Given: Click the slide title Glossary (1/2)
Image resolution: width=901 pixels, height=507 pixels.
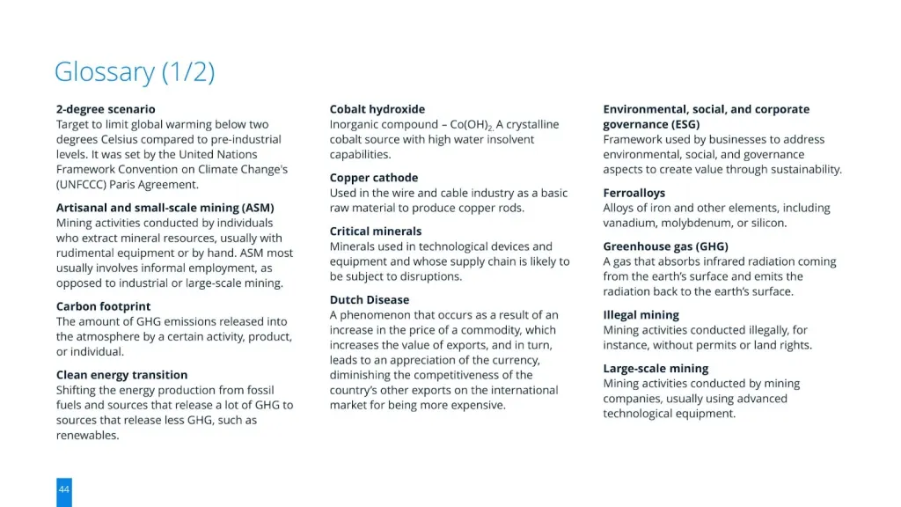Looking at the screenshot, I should tap(134, 71).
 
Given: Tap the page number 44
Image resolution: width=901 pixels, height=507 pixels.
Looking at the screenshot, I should tap(64, 489).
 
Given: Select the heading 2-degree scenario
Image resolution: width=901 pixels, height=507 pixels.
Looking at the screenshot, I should tap(106, 109).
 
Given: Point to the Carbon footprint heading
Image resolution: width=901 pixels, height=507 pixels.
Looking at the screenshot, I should tap(103, 306).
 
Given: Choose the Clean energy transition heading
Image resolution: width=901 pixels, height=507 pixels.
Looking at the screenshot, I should tap(121, 375).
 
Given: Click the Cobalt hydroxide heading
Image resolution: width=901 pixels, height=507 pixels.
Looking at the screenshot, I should tap(377, 109).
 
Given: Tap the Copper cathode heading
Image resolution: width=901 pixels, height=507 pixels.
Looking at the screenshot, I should tap(373, 178).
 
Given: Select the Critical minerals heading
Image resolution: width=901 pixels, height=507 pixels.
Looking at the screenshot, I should tap(375, 231).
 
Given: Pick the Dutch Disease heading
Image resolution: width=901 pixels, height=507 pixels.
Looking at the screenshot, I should tap(370, 300).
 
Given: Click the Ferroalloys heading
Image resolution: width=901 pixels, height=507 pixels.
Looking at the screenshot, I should tap(634, 193).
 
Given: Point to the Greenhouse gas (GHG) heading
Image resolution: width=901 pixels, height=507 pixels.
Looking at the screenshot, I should tap(665, 246).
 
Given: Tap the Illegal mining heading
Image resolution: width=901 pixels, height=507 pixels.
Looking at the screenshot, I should tap(641, 315).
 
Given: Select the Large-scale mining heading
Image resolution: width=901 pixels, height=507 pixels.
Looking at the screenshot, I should tap(656, 369).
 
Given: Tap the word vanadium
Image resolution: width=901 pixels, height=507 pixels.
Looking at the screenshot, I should tap(630, 224).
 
